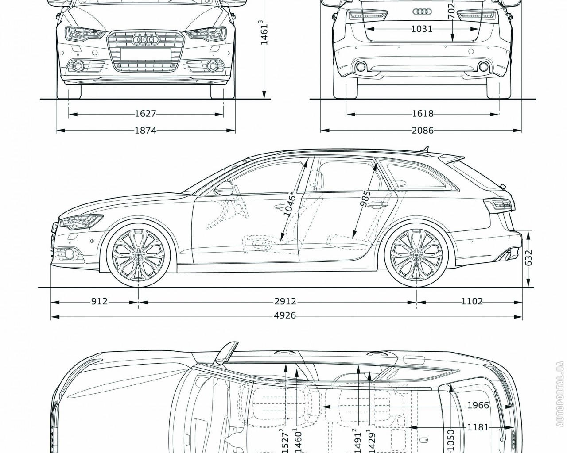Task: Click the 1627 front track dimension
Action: [145, 114]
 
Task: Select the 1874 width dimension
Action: [145, 130]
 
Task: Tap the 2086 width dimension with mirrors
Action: [422, 130]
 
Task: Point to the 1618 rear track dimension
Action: [422, 114]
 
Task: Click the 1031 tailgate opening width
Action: [421, 29]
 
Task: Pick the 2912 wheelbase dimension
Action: [285, 302]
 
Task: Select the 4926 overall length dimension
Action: [285, 315]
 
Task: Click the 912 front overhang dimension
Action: [99, 302]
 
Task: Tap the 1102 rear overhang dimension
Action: [471, 302]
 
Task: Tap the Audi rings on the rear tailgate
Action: [421, 12]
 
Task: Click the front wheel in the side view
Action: [138, 255]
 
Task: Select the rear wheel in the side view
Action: [416, 255]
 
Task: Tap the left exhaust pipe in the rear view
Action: [360, 67]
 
